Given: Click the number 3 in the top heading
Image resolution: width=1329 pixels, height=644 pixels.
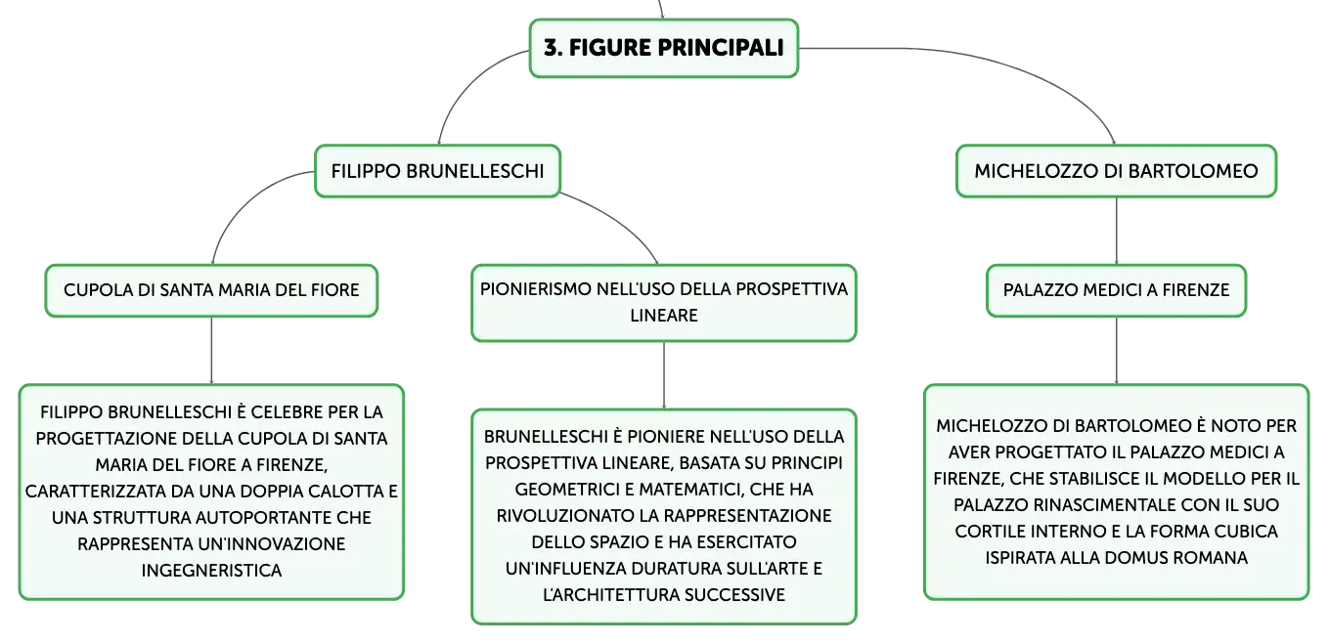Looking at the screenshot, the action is click(x=551, y=48).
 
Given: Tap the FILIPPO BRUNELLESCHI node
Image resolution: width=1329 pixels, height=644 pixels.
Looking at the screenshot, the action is click(x=437, y=171).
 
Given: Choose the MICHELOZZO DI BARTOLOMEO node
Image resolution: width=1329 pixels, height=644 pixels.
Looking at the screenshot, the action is click(x=1116, y=171).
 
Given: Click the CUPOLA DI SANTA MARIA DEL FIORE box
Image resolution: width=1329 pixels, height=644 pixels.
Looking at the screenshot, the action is click(x=211, y=290).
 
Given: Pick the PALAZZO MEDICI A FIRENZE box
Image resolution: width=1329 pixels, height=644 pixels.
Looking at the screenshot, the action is click(x=1116, y=290).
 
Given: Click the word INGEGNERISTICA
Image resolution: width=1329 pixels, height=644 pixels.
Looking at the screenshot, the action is click(x=211, y=571).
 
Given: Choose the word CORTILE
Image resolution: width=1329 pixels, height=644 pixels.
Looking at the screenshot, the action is click(x=988, y=532).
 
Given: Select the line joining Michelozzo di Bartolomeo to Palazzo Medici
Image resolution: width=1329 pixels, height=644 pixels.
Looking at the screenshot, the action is click(x=1116, y=231).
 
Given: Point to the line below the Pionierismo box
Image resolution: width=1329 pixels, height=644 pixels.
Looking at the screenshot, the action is click(x=664, y=375).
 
